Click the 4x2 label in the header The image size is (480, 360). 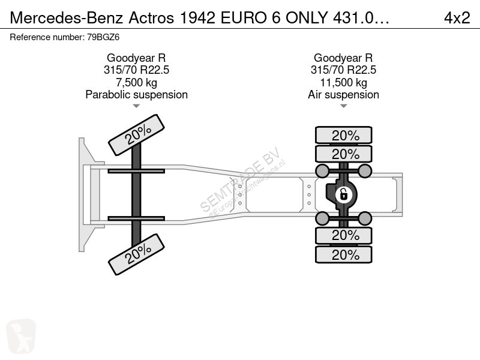(x=457, y=18)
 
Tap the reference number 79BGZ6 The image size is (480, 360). (x=103, y=37)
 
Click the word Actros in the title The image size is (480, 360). (x=151, y=18)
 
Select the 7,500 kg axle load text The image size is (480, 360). (x=137, y=82)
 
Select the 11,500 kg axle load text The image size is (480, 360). (x=343, y=82)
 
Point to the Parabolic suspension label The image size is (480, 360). (x=137, y=95)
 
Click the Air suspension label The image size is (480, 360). (x=343, y=95)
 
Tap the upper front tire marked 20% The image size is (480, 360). (x=137, y=134)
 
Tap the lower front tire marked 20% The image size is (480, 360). (x=137, y=254)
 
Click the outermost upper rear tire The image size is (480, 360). (x=343, y=135)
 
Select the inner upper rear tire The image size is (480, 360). (x=343, y=154)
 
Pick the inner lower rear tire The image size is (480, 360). (x=343, y=235)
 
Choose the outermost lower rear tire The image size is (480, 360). (x=343, y=254)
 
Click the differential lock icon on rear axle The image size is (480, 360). (x=343, y=194)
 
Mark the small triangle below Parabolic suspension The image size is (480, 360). (x=136, y=106)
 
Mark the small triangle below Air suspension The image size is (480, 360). (x=343, y=106)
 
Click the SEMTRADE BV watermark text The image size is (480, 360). (x=241, y=179)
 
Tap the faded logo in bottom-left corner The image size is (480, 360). (x=21, y=336)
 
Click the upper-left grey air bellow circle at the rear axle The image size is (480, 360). (x=322, y=171)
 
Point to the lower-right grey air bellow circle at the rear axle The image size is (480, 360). (x=365, y=218)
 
